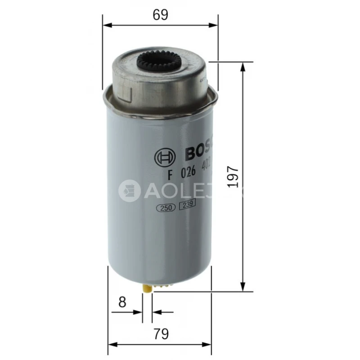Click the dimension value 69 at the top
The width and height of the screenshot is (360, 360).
tap(160, 14)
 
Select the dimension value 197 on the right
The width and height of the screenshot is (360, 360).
tap(232, 175)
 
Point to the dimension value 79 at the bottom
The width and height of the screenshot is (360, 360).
tap(160, 334)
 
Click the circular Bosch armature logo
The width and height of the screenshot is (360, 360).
tap(163, 157)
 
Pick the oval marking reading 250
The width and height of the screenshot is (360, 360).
tap(165, 208)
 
